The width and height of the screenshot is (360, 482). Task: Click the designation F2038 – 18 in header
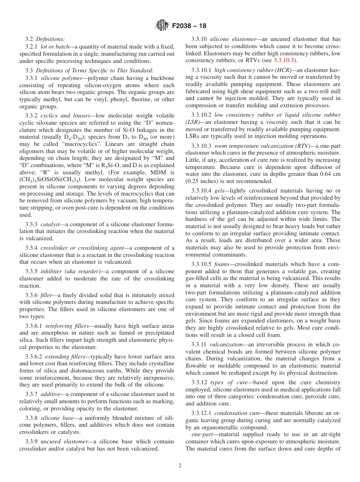click(189, 27)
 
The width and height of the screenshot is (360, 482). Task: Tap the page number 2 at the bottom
click(180, 466)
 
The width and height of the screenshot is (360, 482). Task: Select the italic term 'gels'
click(220, 191)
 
